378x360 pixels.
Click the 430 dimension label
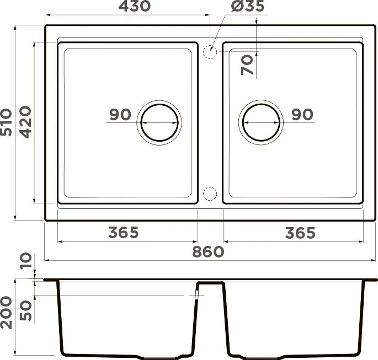[135, 6]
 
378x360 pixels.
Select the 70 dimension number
[247, 65]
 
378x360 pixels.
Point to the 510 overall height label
[6, 122]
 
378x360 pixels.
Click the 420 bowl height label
[25, 122]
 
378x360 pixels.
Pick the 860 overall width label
[208, 251]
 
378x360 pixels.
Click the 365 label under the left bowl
[124, 233]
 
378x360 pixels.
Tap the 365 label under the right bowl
[300, 233]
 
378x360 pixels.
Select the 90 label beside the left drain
[120, 115]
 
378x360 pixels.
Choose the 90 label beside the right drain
[302, 115]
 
